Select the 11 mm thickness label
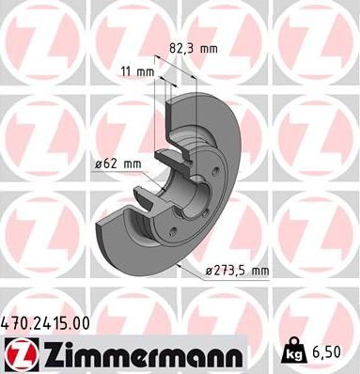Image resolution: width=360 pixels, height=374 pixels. pyautogui.click(x=136, y=70)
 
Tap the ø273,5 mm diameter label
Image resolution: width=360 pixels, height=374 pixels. pyautogui.click(x=238, y=271)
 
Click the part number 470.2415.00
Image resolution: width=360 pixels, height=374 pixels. pyautogui.click(x=47, y=322)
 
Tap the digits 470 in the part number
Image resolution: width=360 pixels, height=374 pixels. pyautogui.click(x=15, y=322)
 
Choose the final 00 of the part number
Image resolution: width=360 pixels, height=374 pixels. pyautogui.click(x=81, y=322)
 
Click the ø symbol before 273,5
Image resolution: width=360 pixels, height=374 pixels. pyautogui.click(x=211, y=271)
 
